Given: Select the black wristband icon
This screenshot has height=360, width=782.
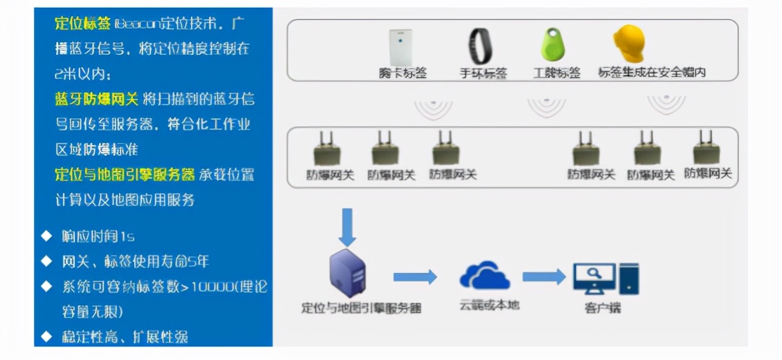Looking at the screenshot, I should tap(481, 46).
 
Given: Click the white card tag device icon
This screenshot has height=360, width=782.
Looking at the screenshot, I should tap(400, 46).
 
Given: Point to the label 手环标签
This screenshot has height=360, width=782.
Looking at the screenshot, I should tap(483, 73).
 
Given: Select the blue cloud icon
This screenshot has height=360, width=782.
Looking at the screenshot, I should tap(485, 275).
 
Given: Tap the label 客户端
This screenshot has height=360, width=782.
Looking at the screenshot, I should tap(603, 308).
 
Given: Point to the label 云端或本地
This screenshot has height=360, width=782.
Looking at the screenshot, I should tap(489, 305).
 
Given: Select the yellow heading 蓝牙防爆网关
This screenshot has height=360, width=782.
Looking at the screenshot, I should tap(96, 99).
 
